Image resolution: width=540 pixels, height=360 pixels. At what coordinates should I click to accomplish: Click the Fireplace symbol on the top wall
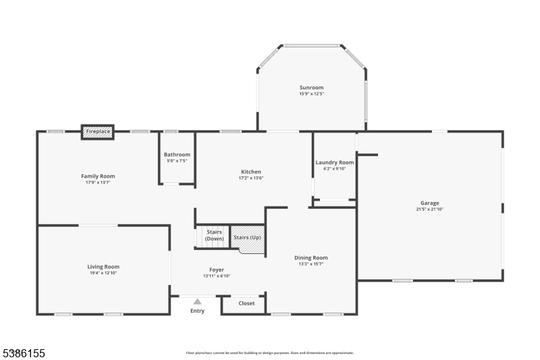[x=98, y=132]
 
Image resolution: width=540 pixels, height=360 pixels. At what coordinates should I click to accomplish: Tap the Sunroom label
[x=311, y=87]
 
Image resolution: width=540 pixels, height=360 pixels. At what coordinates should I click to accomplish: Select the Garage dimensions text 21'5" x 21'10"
[x=429, y=209]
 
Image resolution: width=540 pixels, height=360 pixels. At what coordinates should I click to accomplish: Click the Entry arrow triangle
[x=197, y=302]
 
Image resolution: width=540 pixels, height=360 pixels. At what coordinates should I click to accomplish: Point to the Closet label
[x=246, y=303]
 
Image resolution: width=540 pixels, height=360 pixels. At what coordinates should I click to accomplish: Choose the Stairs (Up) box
[x=247, y=238]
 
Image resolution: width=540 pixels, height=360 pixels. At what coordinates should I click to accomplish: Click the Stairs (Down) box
[x=214, y=236]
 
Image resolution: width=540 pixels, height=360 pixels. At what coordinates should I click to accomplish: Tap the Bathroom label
[x=177, y=155]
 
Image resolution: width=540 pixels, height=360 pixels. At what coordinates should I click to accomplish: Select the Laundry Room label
[x=335, y=162]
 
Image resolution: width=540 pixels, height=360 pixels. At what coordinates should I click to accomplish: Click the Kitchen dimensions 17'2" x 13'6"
[x=250, y=178]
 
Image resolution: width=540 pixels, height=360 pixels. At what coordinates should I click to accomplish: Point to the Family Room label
[x=98, y=176]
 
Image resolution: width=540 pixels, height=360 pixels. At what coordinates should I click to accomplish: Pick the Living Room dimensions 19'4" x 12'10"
[x=103, y=273]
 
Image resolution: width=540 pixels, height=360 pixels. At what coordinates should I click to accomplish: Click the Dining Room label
[x=310, y=257]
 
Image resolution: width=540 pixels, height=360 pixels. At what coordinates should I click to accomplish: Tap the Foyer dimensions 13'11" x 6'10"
[x=216, y=276]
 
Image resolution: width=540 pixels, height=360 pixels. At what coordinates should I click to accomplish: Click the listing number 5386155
[x=24, y=353]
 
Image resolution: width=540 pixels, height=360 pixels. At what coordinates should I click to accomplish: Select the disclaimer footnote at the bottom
[x=269, y=353]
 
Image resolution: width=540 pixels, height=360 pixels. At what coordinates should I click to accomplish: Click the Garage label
[x=429, y=203]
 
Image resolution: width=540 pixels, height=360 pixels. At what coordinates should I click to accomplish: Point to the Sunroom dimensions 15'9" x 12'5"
[x=311, y=94]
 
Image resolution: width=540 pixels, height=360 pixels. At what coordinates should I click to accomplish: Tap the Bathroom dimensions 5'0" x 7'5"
[x=177, y=161]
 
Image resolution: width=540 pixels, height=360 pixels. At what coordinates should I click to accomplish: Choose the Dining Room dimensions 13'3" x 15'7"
[x=310, y=263]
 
